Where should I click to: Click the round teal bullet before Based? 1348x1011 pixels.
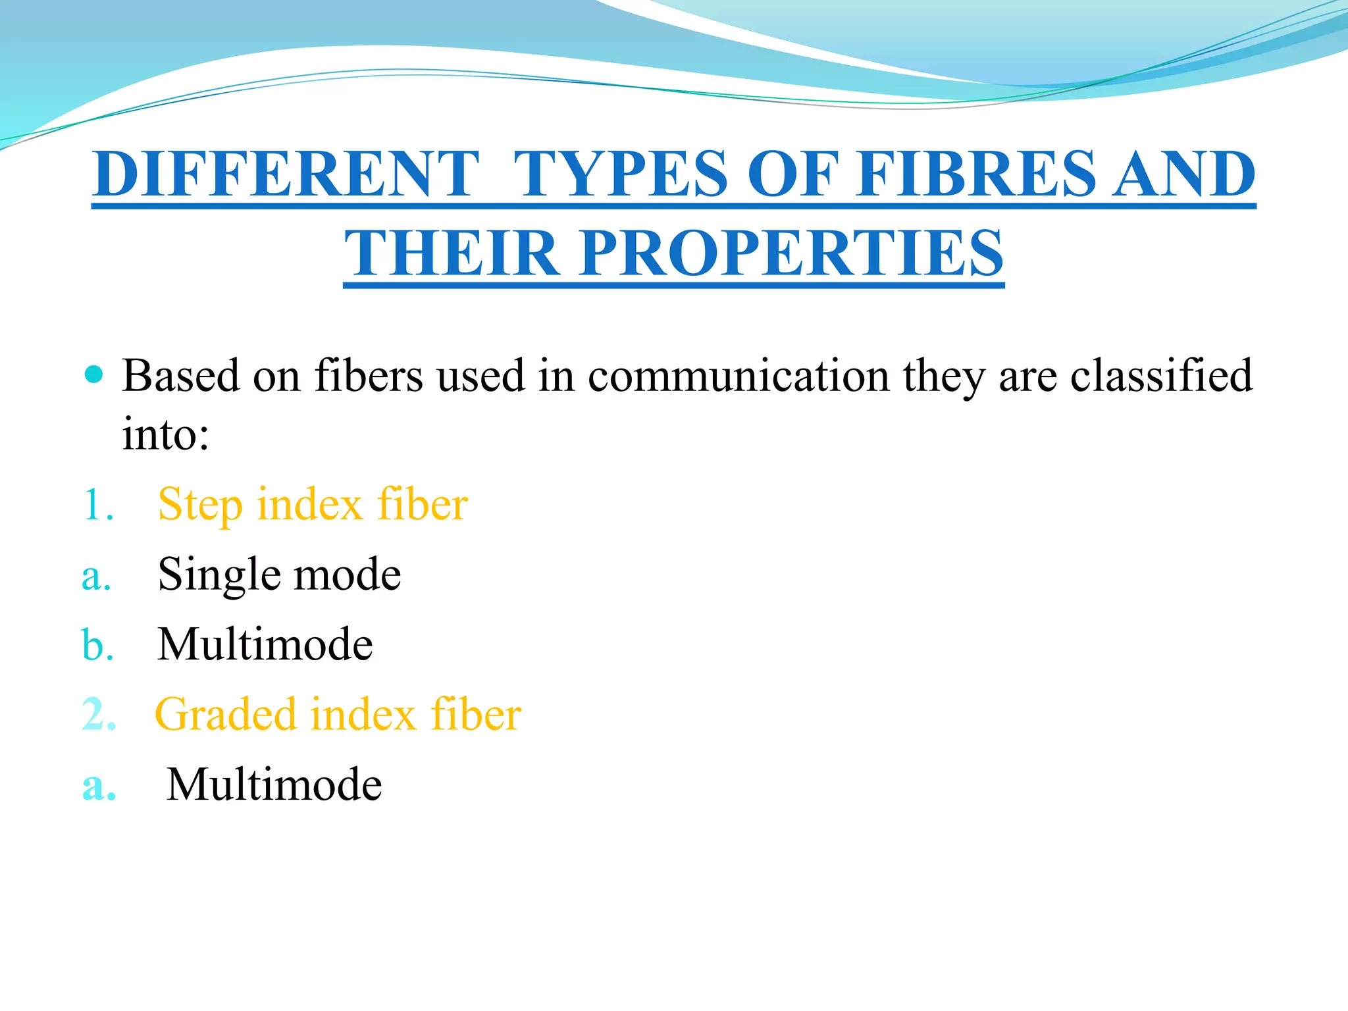pyautogui.click(x=95, y=375)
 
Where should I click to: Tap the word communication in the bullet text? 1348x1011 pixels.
pyautogui.click(x=738, y=376)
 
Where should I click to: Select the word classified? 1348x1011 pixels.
pyautogui.click(x=1161, y=376)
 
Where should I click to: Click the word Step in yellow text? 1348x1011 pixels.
pyautogui.click(x=200, y=505)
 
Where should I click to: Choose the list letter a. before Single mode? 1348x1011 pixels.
pyautogui.click(x=96, y=576)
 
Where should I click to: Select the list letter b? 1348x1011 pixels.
pyautogui.click(x=97, y=644)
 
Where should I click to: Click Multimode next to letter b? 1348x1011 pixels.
pyautogui.click(x=265, y=644)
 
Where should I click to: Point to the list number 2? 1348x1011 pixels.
pyautogui.click(x=99, y=715)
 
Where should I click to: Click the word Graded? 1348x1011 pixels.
pyautogui.click(x=225, y=715)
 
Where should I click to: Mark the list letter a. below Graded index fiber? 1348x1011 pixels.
pyautogui.click(x=99, y=785)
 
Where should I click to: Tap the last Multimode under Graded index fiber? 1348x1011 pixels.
pyautogui.click(x=274, y=785)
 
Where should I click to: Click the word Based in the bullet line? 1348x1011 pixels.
pyautogui.click(x=180, y=376)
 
